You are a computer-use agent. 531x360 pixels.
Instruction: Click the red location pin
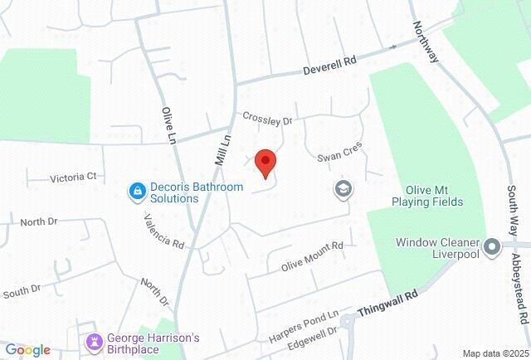coord(265,162)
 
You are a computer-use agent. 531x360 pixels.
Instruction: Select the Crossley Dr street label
coord(267,119)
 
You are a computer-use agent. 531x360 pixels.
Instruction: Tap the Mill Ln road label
coord(221,150)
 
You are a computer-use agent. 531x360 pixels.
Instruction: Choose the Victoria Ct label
coord(74,177)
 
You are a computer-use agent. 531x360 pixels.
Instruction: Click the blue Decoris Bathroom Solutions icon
coord(135,192)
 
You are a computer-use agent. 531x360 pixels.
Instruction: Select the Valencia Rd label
coord(163,232)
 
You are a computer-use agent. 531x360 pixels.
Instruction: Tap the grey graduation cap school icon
coord(342,190)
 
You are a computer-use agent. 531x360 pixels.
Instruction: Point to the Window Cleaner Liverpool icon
coord(492,246)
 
